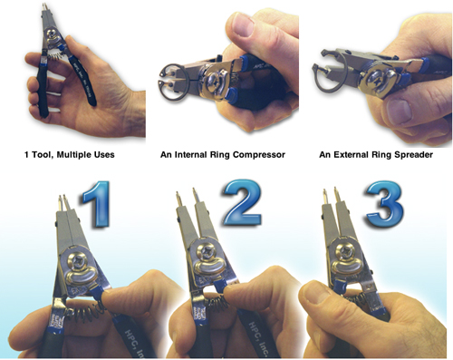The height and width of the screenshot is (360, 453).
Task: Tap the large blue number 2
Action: tap(243, 202)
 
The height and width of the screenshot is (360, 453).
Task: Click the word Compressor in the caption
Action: tap(259, 155)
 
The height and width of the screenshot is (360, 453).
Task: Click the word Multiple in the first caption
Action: tap(72, 155)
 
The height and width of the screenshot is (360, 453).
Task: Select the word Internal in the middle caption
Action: tap(188, 155)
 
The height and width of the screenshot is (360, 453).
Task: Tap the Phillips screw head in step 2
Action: tap(207, 250)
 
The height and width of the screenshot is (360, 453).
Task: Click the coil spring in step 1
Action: tap(86, 313)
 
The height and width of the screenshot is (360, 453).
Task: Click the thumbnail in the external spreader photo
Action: tap(400, 112)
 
